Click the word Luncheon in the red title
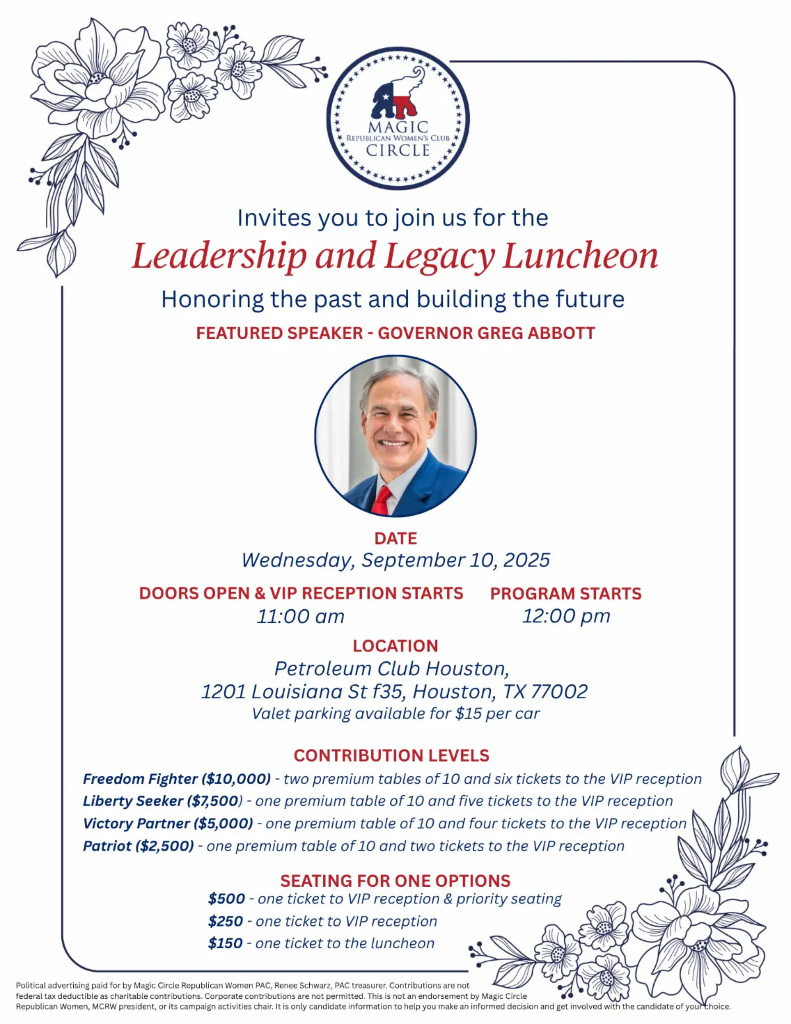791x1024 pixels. [580, 256]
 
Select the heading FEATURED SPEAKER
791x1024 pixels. [279, 333]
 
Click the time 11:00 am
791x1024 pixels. [301, 617]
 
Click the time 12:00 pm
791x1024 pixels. [566, 616]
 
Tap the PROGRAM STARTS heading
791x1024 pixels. [566, 593]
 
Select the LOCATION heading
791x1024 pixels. [395, 646]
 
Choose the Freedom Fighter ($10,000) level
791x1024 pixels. [177, 779]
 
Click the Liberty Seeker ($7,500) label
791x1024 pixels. [162, 801]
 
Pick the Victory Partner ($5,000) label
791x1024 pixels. [168, 824]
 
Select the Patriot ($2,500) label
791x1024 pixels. [138, 846]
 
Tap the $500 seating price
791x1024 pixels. [226, 899]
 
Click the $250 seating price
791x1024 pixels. [225, 921]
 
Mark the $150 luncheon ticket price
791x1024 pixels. [225, 944]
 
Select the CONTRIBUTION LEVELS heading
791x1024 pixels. [392, 756]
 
